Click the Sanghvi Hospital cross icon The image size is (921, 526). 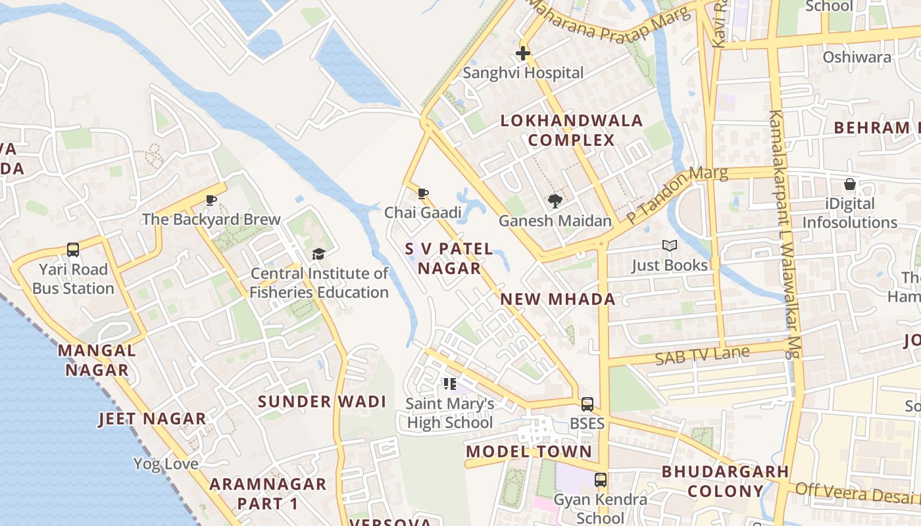(523, 53)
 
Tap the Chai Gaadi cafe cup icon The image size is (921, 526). (423, 193)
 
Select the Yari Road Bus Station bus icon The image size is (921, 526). (73, 250)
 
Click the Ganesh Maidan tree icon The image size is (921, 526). (555, 201)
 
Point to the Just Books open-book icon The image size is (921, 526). (670, 246)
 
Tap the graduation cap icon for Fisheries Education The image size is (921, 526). (319, 254)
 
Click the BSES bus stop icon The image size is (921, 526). (587, 404)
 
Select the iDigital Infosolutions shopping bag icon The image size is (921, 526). (850, 184)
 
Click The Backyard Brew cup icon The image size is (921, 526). (211, 200)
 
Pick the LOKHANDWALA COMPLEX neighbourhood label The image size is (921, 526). (572, 130)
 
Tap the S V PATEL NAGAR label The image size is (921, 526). (449, 258)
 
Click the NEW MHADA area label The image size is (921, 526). (558, 299)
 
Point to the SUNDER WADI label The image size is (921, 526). (322, 402)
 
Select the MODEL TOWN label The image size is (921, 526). (529, 452)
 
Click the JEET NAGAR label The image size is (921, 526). (152, 419)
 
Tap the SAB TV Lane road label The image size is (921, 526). (702, 356)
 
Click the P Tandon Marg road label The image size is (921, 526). (677, 195)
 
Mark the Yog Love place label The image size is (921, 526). (166, 464)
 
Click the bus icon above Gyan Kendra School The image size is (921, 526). (600, 480)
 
